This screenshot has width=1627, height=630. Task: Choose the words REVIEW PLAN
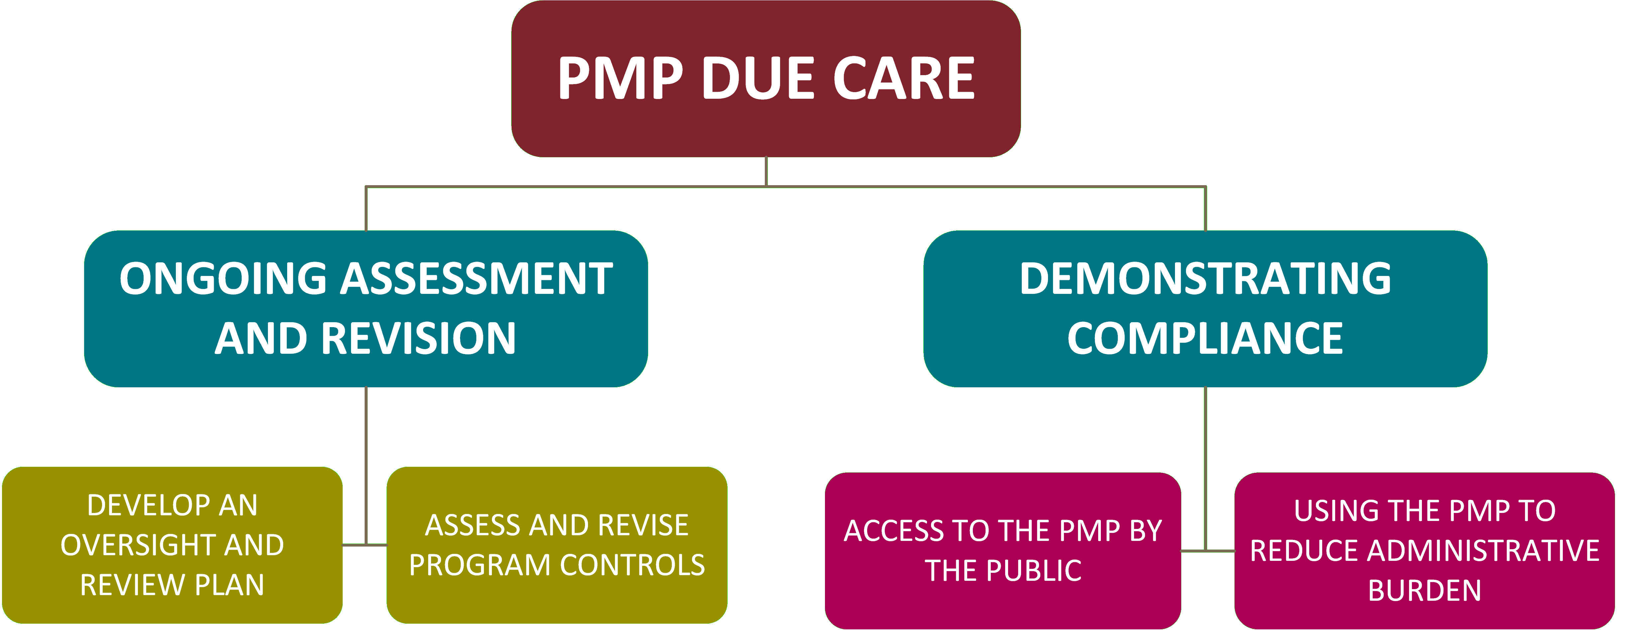(x=172, y=585)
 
